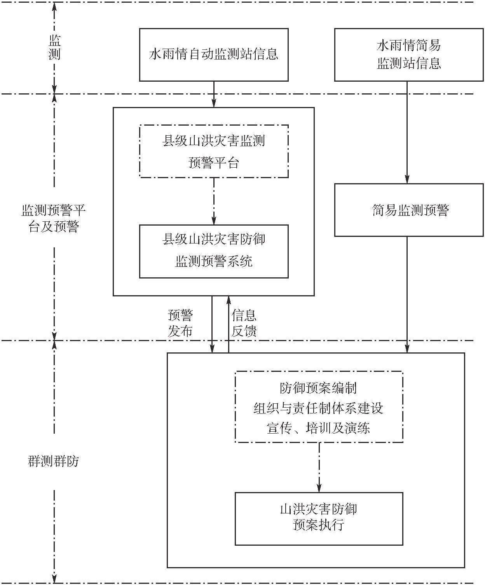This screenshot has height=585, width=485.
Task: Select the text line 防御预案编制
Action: point(318,388)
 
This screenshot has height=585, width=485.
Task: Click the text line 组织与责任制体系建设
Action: point(318,408)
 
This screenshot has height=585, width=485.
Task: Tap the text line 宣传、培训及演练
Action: point(318,428)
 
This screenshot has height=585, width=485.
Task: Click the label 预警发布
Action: point(180,323)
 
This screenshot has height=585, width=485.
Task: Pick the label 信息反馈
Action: point(244,323)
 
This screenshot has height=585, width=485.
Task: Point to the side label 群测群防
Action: point(54,461)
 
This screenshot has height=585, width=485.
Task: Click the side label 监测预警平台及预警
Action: point(54,218)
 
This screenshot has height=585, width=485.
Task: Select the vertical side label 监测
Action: point(54,47)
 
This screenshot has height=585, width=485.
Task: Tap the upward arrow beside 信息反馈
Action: point(229,324)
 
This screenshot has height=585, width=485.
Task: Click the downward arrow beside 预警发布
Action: point(212,324)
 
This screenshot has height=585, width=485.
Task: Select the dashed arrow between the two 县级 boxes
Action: point(214,201)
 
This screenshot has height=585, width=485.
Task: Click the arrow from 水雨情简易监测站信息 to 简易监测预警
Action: point(407,132)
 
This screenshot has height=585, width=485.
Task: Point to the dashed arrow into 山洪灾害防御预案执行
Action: point(319,467)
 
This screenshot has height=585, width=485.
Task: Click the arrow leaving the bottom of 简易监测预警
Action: point(407,295)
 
